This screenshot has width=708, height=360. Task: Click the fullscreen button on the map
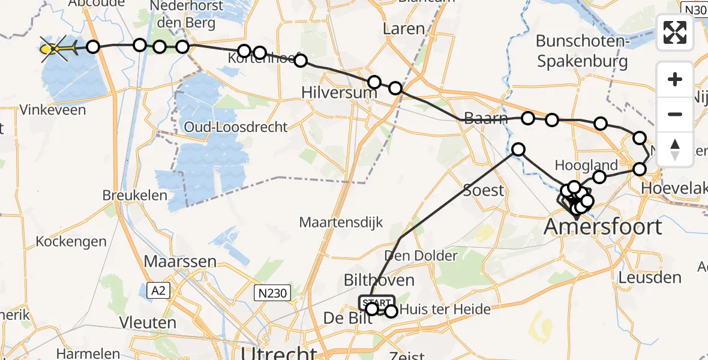[x=675, y=32]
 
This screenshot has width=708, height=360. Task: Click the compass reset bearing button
[x=675, y=149]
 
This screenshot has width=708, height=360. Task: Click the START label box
[x=377, y=302]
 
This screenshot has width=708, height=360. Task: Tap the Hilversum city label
[x=340, y=93]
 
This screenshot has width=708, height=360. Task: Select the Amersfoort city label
[x=603, y=227]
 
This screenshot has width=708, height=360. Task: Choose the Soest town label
[x=484, y=190]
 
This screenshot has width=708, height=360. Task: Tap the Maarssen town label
[x=180, y=262]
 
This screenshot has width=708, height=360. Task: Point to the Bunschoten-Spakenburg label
[x=582, y=51]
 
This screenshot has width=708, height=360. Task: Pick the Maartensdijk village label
[x=341, y=223]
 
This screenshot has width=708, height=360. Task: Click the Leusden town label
[x=650, y=278]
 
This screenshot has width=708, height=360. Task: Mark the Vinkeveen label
[x=52, y=110]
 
